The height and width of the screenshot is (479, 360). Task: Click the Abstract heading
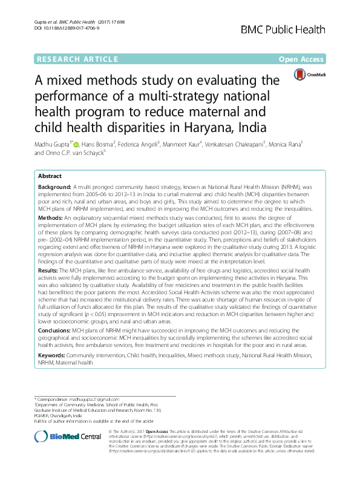(x=50, y=174)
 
